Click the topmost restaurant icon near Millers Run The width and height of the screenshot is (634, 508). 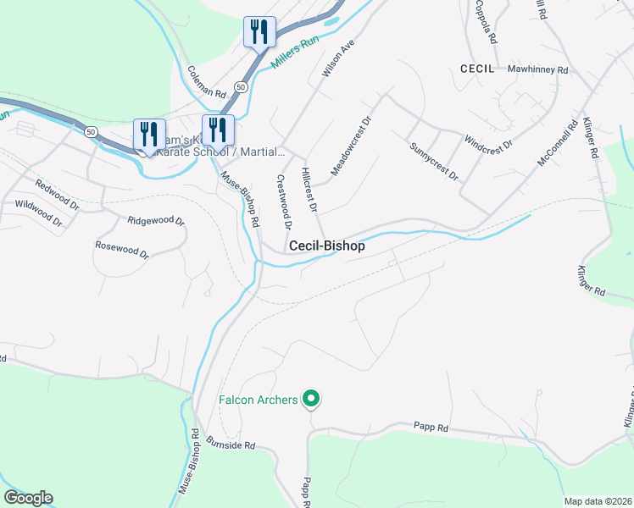click(259, 32)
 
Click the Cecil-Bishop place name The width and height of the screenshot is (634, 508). click(326, 246)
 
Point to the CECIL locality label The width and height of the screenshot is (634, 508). click(476, 68)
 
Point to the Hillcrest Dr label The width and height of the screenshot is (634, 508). click(309, 189)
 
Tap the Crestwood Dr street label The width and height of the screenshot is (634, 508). click(284, 202)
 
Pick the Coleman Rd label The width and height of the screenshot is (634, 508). click(206, 82)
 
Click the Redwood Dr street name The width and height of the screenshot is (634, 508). click(58, 195)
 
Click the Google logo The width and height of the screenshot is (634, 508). click(28, 498)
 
